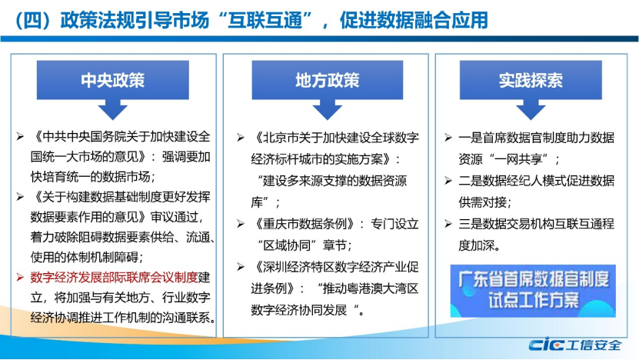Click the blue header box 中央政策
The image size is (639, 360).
(x=113, y=80)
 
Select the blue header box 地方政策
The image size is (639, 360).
(x=328, y=80)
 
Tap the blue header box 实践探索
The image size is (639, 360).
(x=531, y=80)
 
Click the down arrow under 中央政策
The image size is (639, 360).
(x=113, y=110)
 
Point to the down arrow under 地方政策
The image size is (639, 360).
(x=328, y=110)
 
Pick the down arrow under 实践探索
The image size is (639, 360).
(x=531, y=110)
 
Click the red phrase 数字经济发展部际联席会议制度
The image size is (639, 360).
(x=114, y=277)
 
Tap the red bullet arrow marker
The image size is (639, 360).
(x=20, y=278)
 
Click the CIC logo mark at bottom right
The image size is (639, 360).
(x=547, y=345)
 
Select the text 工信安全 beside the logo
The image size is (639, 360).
(x=594, y=345)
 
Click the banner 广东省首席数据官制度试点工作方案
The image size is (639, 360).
(x=533, y=291)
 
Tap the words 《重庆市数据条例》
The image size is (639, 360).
(x=305, y=224)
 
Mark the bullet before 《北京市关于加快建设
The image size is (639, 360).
(x=241, y=138)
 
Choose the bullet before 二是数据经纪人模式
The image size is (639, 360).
(x=448, y=181)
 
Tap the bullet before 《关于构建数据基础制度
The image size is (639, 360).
(x=20, y=198)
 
